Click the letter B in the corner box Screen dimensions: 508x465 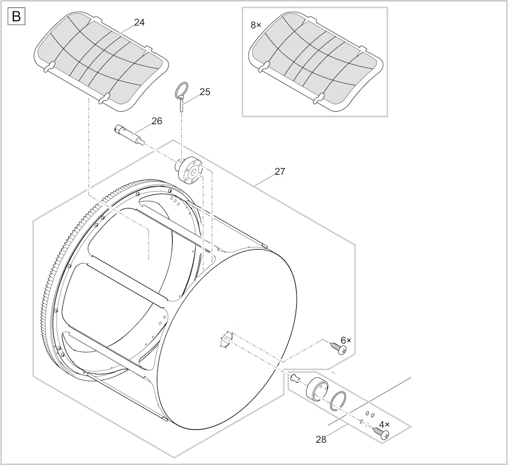pyautogui.click(x=16, y=16)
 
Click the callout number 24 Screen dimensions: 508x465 pyautogui.click(x=139, y=22)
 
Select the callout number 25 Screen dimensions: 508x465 pyautogui.click(x=205, y=92)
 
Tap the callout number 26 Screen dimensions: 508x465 pyautogui.click(x=157, y=121)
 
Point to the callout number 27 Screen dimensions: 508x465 pyautogui.click(x=280, y=171)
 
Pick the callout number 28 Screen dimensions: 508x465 pyautogui.click(x=321, y=440)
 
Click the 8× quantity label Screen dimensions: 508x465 pyautogui.click(x=256, y=25)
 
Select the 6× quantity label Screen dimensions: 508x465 pyautogui.click(x=346, y=340)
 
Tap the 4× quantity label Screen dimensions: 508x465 pyautogui.click(x=384, y=424)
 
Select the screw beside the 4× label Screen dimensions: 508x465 pyautogui.click(x=381, y=433)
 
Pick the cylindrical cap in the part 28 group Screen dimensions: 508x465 pyautogui.click(x=317, y=389)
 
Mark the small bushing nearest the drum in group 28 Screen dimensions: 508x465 pyautogui.click(x=295, y=378)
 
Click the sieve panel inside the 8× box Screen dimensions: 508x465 pyautogui.click(x=316, y=62)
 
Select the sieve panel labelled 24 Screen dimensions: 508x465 pyautogui.click(x=101, y=62)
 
